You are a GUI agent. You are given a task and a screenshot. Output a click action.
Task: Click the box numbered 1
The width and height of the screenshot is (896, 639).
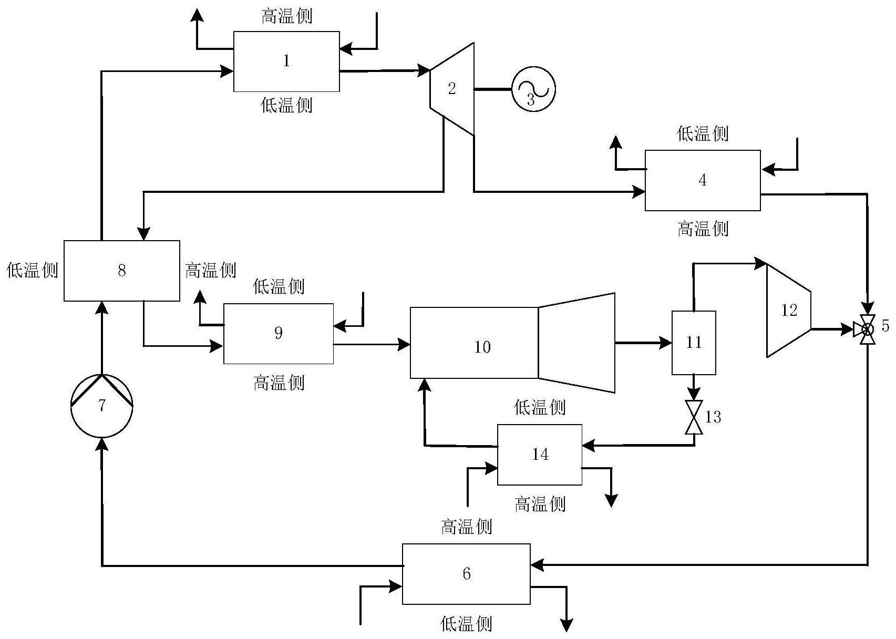286,61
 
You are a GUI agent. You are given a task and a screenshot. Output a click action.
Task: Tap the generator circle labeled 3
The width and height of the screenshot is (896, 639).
533,89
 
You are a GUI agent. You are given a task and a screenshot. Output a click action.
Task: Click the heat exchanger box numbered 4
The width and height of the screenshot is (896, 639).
703,180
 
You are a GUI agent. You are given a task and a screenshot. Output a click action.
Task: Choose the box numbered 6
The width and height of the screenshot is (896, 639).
466,573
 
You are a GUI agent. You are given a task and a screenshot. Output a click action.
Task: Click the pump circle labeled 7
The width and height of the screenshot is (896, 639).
102,406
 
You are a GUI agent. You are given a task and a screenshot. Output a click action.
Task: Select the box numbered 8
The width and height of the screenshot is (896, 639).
121,271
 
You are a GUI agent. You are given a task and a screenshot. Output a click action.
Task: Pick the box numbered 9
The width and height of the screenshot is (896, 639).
279,333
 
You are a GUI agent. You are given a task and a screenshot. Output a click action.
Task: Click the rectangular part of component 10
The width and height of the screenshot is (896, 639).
473,343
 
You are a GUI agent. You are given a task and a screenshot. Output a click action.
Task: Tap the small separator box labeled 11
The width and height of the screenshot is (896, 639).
694,343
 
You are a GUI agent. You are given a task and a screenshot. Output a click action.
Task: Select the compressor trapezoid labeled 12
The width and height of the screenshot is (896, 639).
789,311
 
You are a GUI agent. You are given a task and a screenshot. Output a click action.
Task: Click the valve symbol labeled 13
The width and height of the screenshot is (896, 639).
694,417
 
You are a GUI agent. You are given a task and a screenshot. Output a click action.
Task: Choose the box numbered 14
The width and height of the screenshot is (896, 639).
540,455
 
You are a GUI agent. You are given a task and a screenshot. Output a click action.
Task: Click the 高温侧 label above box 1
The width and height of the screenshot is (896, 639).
287,16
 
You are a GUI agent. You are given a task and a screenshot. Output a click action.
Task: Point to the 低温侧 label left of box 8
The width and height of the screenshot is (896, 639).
32,270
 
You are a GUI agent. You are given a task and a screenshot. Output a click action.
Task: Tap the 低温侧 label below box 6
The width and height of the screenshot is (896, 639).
466,624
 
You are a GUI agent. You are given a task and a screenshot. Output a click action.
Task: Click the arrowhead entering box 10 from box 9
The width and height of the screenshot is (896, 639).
404,345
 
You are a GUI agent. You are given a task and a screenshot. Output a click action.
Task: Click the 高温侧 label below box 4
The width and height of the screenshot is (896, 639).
703,229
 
